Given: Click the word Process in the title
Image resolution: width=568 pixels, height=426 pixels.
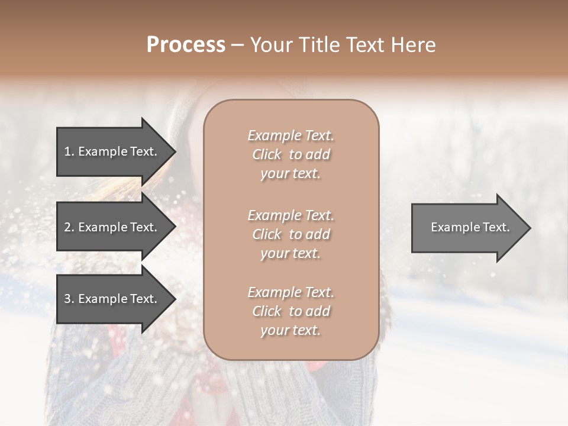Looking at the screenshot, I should pyautogui.click(x=186, y=45).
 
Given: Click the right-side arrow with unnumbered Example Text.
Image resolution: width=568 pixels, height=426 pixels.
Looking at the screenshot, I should pyautogui.click(x=467, y=228).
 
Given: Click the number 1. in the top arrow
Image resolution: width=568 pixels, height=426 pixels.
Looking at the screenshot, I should pyautogui.click(x=69, y=151).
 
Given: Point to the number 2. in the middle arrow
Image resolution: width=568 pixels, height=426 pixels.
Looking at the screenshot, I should pyautogui.click(x=69, y=227).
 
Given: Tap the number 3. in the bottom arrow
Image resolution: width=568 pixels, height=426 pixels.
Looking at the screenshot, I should pyautogui.click(x=69, y=299).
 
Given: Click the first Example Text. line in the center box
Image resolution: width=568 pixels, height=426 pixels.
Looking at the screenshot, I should pyautogui.click(x=291, y=135).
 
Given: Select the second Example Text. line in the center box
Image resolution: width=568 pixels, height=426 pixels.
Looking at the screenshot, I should pyautogui.click(x=291, y=215).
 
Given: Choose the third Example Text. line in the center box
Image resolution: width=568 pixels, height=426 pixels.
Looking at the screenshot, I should pyautogui.click(x=291, y=292).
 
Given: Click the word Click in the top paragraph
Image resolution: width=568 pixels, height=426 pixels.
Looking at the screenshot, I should pyautogui.click(x=267, y=154).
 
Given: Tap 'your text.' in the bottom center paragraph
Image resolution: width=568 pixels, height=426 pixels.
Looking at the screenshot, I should pyautogui.click(x=291, y=330).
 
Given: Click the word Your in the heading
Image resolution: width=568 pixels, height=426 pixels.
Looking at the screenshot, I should pyautogui.click(x=270, y=45).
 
